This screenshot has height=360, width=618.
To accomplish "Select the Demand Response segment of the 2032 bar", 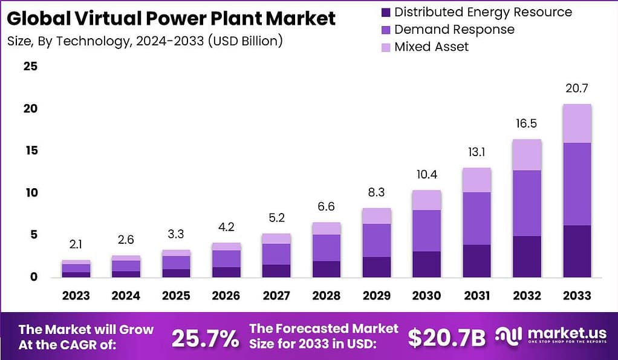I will [527, 203].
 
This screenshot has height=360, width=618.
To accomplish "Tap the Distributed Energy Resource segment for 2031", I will [477, 261].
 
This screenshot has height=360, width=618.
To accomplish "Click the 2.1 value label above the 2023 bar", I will [76, 244].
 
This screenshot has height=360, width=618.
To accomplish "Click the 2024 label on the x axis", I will [126, 295].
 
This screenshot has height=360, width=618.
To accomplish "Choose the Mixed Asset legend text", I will [431, 47].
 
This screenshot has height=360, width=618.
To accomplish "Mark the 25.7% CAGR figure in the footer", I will [205, 338].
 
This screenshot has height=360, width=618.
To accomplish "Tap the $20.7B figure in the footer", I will [446, 338].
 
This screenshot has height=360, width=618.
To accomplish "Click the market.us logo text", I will [558, 334].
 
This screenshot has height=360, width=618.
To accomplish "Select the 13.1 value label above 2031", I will [477, 152].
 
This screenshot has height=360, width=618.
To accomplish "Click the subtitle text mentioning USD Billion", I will [145, 41].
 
